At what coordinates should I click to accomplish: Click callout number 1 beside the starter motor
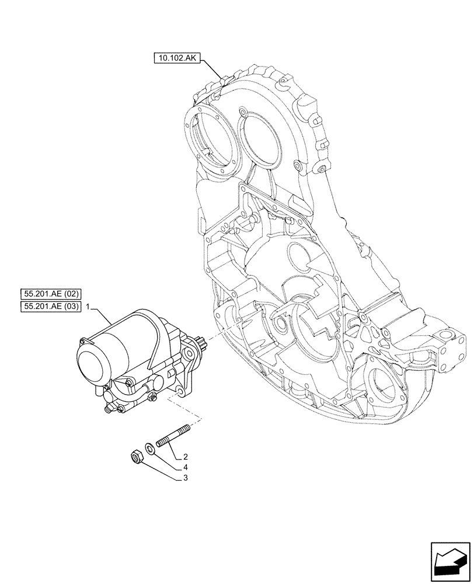88,307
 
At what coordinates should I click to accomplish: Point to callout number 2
185,457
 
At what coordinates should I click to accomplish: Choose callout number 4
185,467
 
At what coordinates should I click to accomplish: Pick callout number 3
185,478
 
